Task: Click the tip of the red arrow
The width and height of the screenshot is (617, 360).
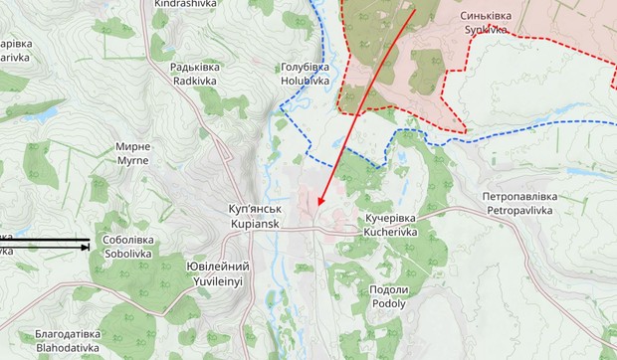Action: click(318, 207)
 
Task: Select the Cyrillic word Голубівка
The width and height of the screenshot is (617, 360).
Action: click(305, 66)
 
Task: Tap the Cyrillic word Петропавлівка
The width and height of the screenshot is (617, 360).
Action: click(520, 197)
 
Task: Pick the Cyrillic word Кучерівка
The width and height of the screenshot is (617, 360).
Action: click(389, 217)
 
